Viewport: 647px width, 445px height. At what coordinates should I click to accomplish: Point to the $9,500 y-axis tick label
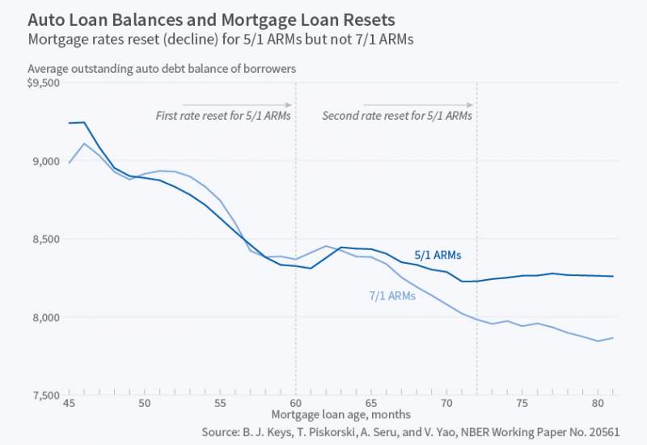coord(44,83)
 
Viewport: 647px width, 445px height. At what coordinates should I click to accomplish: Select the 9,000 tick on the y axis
coord(46,161)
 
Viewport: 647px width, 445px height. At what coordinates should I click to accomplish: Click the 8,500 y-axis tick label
coord(46,239)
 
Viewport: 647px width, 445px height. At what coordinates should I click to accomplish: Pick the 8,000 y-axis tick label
coord(46,317)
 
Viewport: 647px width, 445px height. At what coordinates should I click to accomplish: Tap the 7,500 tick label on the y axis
coord(46,395)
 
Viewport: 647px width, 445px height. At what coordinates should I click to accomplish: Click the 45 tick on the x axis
coord(70,402)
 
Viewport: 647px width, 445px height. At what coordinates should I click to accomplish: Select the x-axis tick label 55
coord(221,402)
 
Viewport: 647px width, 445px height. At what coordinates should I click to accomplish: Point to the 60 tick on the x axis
coord(296,402)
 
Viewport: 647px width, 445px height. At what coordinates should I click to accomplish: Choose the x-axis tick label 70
coord(446,402)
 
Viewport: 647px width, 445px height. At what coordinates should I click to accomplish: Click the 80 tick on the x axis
coord(597,402)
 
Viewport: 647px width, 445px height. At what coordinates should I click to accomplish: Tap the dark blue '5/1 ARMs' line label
coord(438,255)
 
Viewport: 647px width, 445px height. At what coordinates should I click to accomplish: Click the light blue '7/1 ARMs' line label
coord(391,296)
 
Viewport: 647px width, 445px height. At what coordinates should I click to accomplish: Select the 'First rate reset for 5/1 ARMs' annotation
coord(223,116)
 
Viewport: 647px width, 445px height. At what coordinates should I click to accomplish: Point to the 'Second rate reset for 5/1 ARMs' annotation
coord(397,116)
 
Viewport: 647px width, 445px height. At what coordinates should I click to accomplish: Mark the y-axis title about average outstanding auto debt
coord(162,69)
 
